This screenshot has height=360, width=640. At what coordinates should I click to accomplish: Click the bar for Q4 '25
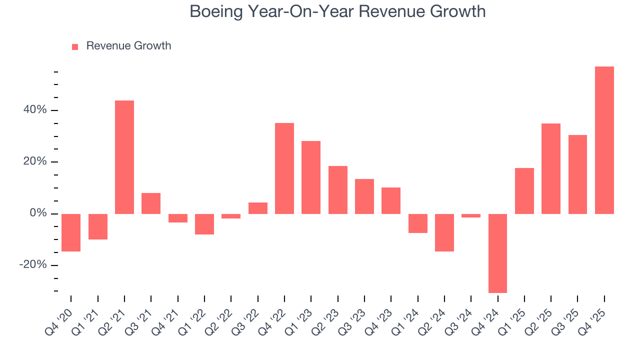point(604,140)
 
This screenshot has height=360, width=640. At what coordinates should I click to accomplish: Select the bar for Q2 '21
point(124,157)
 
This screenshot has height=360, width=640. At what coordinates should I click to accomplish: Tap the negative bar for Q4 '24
point(497,253)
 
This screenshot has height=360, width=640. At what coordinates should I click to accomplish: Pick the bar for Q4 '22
point(284,168)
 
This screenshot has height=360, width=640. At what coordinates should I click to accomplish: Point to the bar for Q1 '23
point(311,177)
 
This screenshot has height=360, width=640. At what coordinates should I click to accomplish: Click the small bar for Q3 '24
point(471,216)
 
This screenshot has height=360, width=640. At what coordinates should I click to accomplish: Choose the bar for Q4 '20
point(71,232)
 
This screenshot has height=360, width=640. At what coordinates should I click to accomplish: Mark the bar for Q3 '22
point(258,208)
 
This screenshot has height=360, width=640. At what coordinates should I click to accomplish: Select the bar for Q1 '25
point(524,191)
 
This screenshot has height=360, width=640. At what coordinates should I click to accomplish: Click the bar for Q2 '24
point(444,232)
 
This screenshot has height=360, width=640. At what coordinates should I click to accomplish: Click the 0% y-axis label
point(38,213)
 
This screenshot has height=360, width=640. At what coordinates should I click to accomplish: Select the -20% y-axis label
point(33,265)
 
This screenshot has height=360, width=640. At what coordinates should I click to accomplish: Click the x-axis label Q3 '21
point(140,317)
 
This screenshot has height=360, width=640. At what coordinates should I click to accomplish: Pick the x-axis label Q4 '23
point(380,317)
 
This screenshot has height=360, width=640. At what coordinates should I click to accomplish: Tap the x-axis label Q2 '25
point(540,317)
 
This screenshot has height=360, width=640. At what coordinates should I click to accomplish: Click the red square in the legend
point(75,46)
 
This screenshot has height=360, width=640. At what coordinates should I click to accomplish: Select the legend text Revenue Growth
point(128,46)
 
